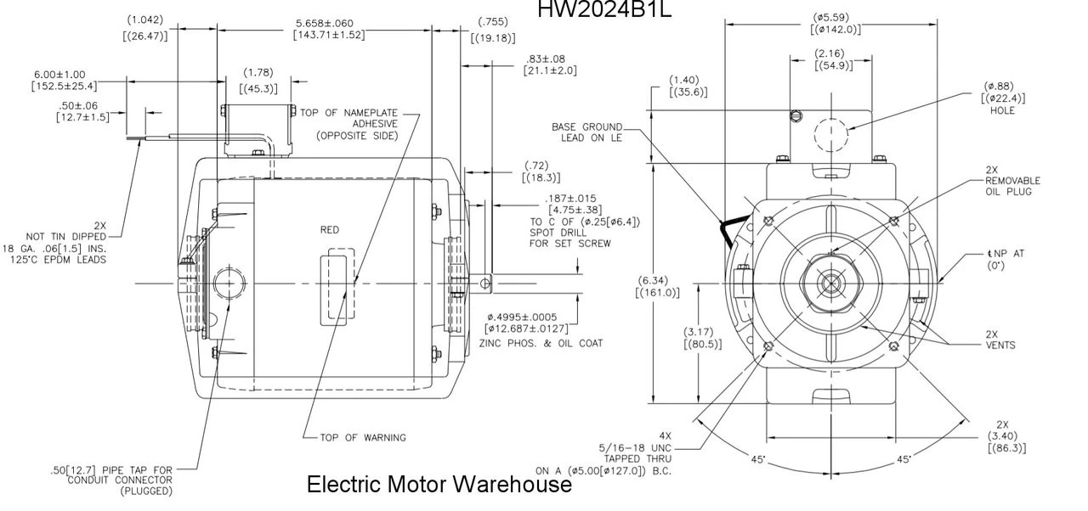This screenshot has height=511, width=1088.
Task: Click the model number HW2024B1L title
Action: (604, 9)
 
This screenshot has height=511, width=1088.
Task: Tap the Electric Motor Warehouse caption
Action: (439, 485)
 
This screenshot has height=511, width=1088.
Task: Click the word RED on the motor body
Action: (330, 230)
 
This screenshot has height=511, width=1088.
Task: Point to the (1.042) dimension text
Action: (144, 20)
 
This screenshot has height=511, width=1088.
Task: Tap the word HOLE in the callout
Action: (1002, 110)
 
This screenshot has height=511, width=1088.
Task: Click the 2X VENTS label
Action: (1000, 340)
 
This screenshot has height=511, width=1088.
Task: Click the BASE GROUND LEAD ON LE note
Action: (586, 132)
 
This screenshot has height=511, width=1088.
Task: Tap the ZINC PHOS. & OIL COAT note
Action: (541, 344)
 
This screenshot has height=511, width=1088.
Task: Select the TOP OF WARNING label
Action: (363, 438)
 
